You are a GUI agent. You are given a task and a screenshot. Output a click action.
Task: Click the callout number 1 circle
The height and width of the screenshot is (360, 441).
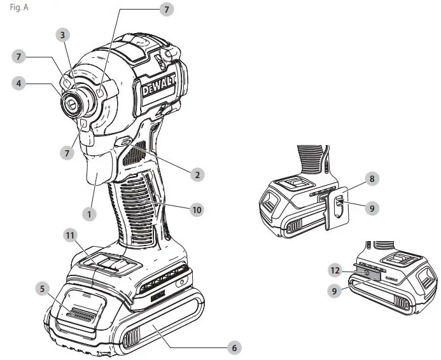[x=90, y=214]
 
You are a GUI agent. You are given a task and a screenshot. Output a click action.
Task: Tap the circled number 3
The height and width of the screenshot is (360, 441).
[x=62, y=34]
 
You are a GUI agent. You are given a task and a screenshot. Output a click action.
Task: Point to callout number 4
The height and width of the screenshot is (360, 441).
[x=21, y=83]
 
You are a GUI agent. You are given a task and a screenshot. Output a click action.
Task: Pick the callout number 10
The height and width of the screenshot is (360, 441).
[x=198, y=209]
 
